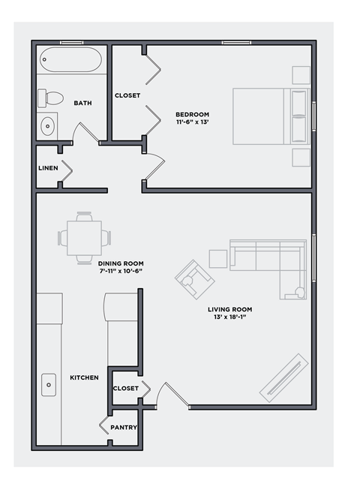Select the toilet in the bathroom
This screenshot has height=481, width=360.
coord(52,98)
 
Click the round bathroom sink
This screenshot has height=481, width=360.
coord(47,125)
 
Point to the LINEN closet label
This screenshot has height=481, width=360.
coord(48,168)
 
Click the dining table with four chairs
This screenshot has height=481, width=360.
coord(84,238)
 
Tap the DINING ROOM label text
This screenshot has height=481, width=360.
coord(121,263)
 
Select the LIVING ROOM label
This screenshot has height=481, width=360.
coord(230,309)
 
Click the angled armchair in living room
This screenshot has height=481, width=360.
coord(194,279)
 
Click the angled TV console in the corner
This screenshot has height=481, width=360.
coord(283,377)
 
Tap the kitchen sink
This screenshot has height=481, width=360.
coord(49,385)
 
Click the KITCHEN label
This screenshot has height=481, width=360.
coord(84,377)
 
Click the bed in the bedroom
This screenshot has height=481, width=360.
coord(270,116)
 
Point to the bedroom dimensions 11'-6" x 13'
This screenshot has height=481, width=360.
coord(192,122)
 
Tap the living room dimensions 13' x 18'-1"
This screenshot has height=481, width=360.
coord(230,317)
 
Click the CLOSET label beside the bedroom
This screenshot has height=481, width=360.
coord(127,95)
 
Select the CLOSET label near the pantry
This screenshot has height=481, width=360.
coord(124,388)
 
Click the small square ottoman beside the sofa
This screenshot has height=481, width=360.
coord(218,258)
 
